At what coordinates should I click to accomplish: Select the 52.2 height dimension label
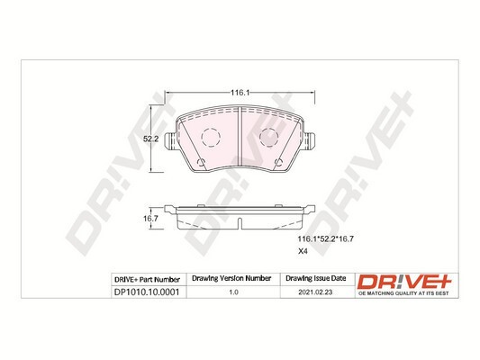152,139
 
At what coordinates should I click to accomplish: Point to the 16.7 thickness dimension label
152,217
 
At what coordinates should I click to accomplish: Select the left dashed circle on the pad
209,139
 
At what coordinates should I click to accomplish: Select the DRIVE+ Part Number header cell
148,280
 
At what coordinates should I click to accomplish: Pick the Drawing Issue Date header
314,280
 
